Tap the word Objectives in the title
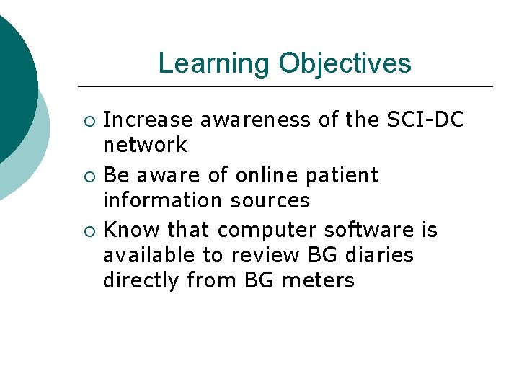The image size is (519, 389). click(345, 63)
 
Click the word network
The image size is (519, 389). click(145, 145)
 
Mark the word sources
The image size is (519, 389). click(274, 200)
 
